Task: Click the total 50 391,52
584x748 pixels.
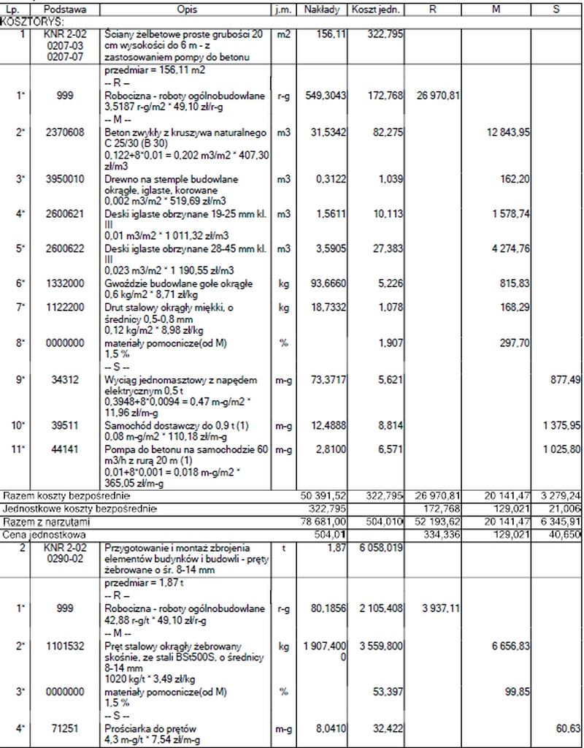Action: (323, 496)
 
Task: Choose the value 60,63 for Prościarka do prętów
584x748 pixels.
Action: (568, 728)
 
